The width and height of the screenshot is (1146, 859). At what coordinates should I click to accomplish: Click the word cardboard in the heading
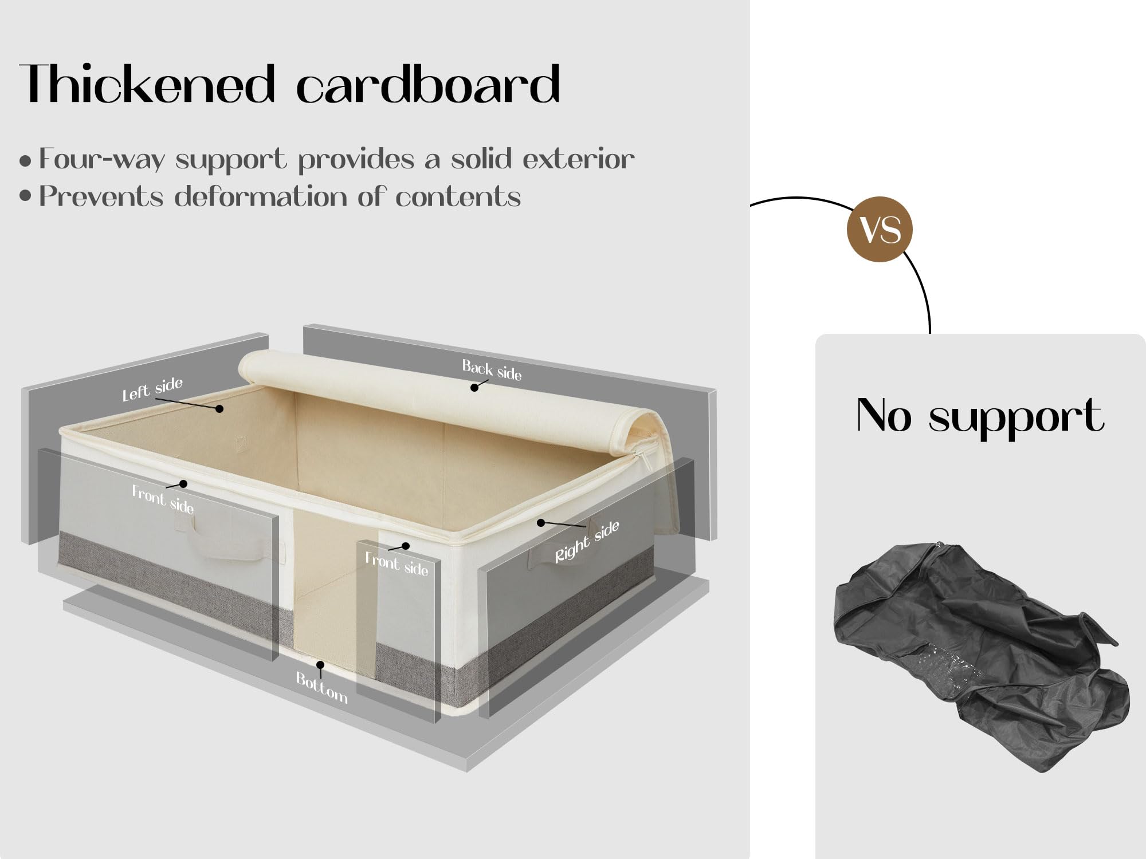coord(428,84)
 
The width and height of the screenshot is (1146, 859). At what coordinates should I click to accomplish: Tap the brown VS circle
coord(880,229)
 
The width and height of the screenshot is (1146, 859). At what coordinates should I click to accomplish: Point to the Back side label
coord(492,370)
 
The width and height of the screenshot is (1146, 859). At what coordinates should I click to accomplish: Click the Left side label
coord(152,389)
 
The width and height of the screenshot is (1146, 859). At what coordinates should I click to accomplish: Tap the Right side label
coord(587,541)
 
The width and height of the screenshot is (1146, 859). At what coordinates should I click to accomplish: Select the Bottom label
coord(321,687)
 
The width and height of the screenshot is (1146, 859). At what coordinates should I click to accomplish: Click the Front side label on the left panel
coord(163,499)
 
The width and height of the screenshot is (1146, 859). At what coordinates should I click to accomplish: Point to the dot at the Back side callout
coord(474,388)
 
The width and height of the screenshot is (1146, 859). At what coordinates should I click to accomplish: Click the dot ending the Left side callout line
coord(219,408)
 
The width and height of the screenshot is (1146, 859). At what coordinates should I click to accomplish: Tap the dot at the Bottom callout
coord(320,665)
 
